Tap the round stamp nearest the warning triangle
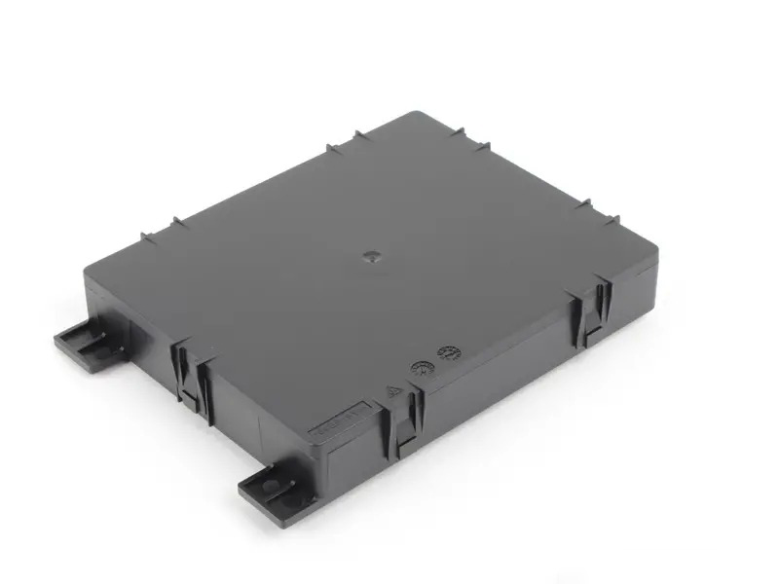[423, 369]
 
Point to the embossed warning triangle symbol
[394, 392]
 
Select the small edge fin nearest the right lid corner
[586, 205]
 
